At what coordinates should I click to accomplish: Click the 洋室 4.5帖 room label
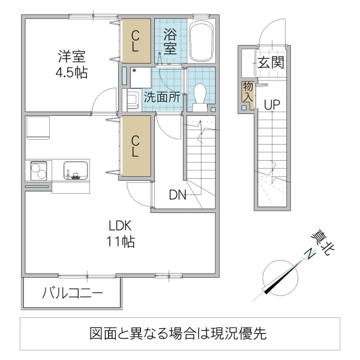71,65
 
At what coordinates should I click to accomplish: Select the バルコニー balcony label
72,293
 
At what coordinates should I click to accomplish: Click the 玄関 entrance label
271,62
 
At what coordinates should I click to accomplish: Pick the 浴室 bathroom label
170,41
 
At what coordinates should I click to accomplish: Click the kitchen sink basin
75,171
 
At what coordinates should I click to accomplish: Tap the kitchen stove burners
38,172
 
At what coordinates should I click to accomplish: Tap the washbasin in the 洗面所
133,100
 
